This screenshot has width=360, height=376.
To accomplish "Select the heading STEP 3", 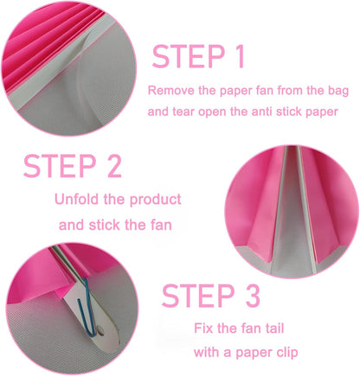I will [210, 296].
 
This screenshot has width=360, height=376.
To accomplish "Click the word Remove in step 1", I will [168, 89].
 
